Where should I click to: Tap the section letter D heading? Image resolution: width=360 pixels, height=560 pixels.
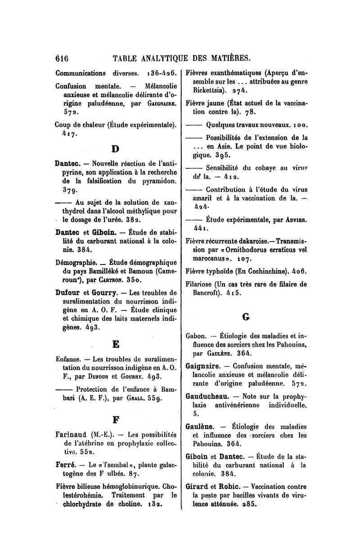pyautogui.click(x=115, y=148)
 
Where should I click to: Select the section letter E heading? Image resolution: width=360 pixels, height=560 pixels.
pyautogui.click(x=115, y=345)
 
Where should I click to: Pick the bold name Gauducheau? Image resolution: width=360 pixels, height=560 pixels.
pyautogui.click(x=209, y=397)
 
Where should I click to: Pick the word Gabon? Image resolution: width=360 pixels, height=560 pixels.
pyautogui.click(x=196, y=335)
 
